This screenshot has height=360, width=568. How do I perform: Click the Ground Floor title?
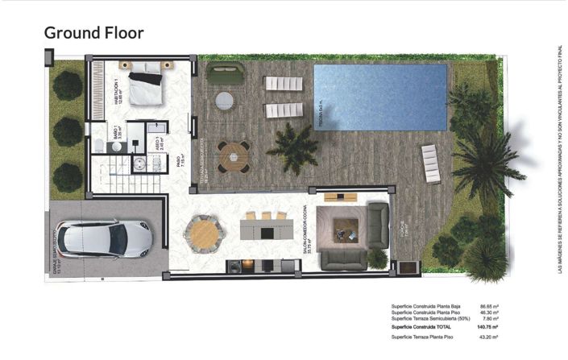[x=93, y=33]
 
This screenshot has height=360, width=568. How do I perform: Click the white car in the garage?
[x=104, y=238]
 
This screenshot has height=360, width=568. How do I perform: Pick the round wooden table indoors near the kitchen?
[x=203, y=234]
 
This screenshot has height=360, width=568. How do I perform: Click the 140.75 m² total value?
[x=488, y=328]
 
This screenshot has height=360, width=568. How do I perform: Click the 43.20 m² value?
[x=489, y=337]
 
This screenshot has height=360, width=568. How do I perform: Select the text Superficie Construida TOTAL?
[x=423, y=328]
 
